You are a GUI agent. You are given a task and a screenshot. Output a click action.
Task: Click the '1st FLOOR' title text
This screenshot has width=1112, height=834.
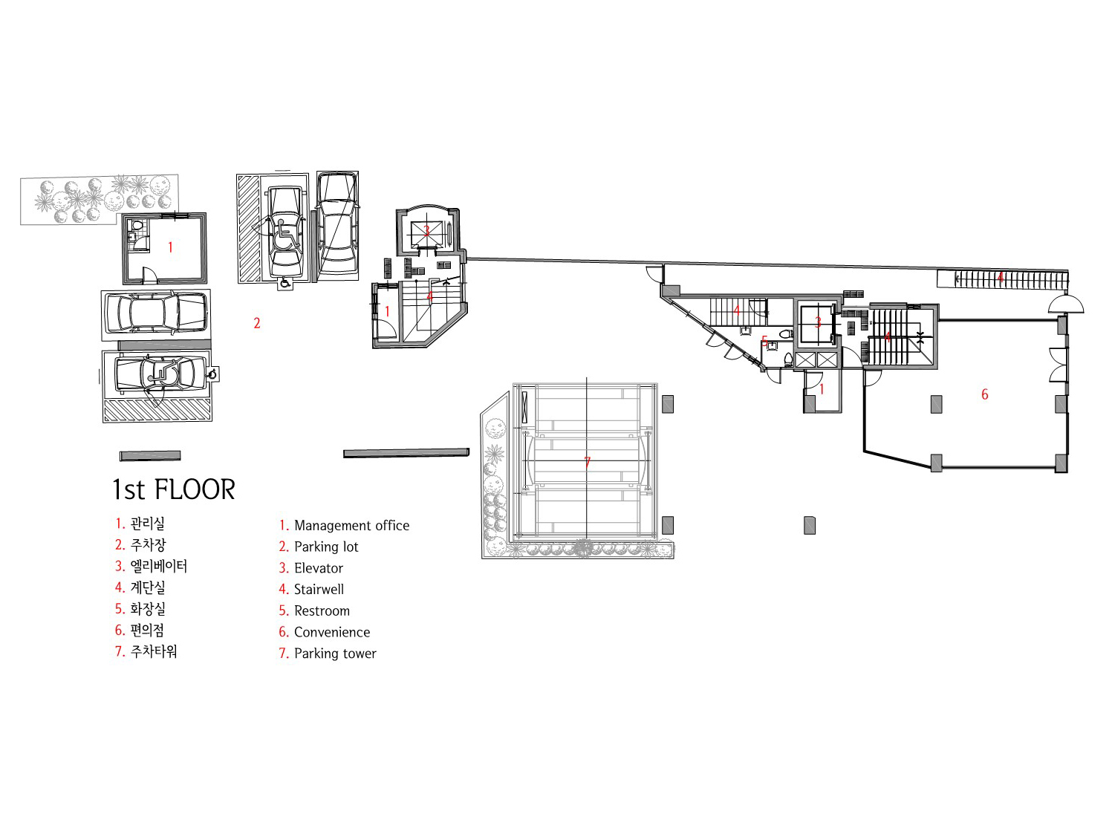pyautogui.click(x=174, y=489)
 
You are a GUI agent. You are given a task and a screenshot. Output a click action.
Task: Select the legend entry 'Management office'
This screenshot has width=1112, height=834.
pyautogui.click(x=351, y=525)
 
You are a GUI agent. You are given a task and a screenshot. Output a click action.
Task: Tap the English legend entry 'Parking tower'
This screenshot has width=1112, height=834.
pyautogui.click(x=335, y=654)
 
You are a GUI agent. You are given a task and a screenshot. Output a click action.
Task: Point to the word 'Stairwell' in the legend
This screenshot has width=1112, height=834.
pyautogui.click(x=319, y=590)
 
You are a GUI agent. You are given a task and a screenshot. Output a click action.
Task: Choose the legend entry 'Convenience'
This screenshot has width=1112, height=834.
pyautogui.click(x=331, y=632)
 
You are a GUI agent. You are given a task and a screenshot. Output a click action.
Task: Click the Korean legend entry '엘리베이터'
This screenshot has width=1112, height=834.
pyautogui.click(x=158, y=566)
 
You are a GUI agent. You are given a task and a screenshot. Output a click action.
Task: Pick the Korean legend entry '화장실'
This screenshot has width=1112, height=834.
pyautogui.click(x=148, y=609)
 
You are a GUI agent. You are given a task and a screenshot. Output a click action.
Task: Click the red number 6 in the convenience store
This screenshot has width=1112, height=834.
pyautogui.click(x=985, y=394)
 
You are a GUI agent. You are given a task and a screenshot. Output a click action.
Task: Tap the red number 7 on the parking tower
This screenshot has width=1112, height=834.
pyautogui.click(x=588, y=463)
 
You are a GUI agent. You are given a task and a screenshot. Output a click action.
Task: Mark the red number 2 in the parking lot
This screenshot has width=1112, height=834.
pyautogui.click(x=257, y=323)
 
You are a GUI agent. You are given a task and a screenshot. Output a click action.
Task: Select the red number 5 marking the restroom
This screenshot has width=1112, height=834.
pyautogui.click(x=764, y=342)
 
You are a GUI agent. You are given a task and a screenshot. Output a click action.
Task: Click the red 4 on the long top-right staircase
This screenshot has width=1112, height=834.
pyautogui.click(x=1001, y=278)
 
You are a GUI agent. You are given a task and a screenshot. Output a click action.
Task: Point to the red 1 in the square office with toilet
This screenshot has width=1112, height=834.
pyautogui.click(x=170, y=247)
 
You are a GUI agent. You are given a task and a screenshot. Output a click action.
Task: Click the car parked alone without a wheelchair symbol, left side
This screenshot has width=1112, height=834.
pyautogui.click(x=155, y=313)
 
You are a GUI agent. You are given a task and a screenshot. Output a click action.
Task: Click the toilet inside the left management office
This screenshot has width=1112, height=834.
pyautogui.click(x=136, y=225)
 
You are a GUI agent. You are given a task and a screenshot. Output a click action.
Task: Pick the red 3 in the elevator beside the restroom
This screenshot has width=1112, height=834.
pyautogui.click(x=818, y=322)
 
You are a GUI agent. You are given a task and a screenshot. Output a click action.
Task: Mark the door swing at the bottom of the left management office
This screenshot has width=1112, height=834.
pyautogui.click(x=149, y=275)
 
